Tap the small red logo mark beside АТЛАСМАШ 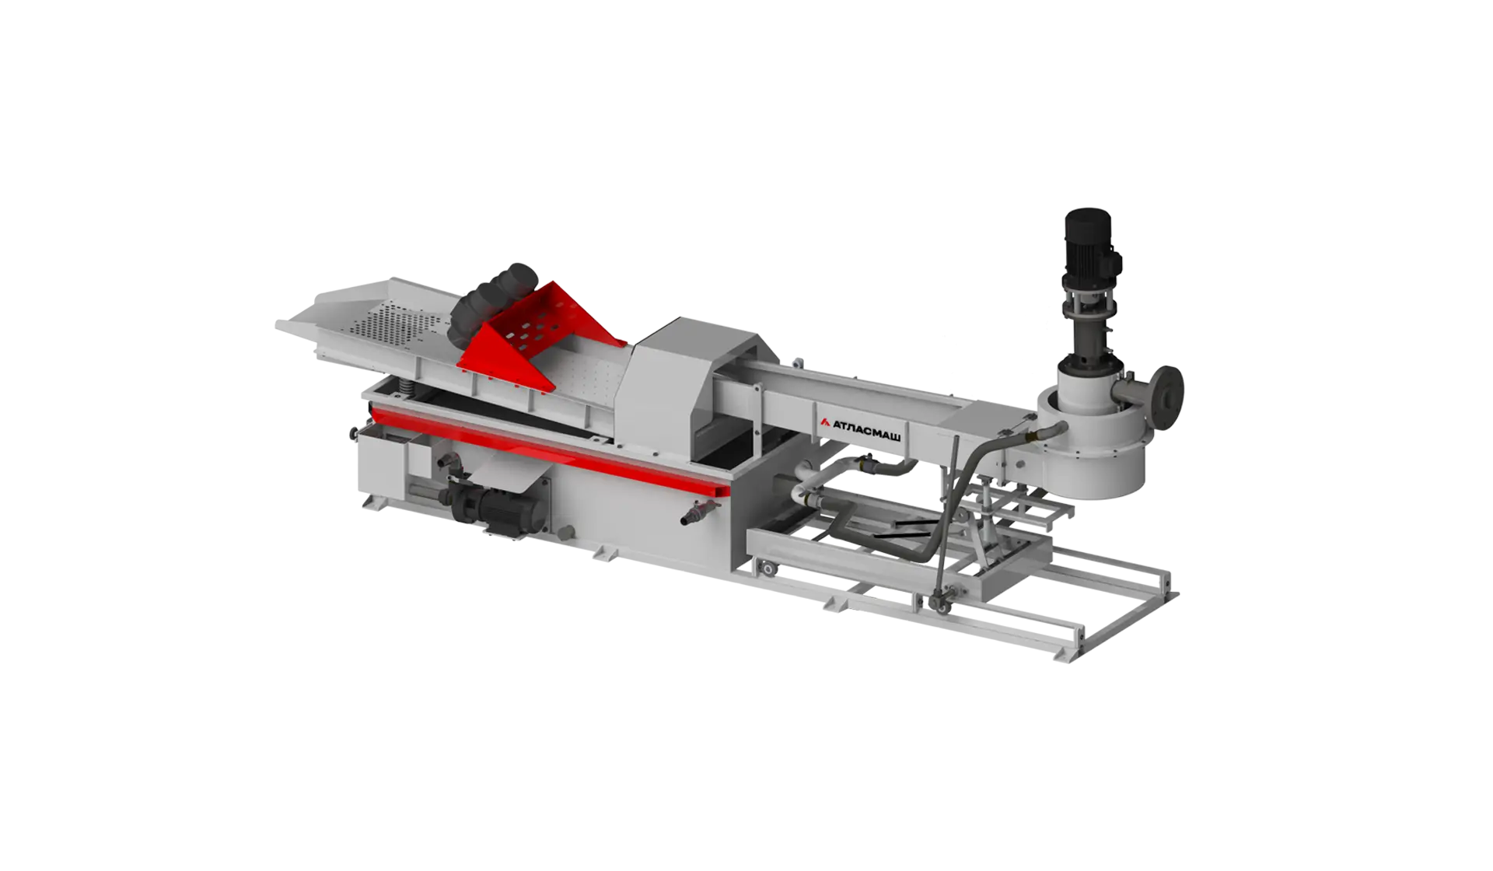coord(825,422)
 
